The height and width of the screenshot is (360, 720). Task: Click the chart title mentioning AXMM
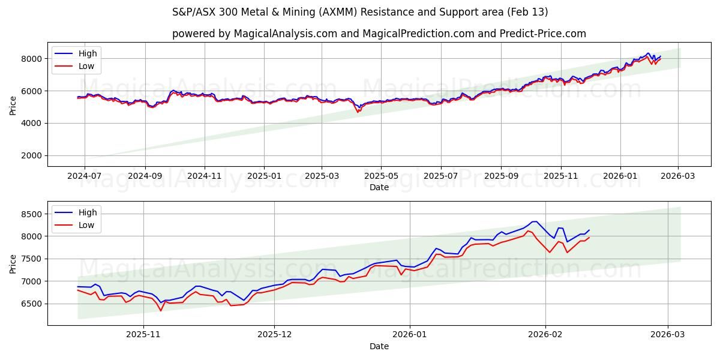[360, 12]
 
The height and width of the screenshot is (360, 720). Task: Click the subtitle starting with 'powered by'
[379, 34]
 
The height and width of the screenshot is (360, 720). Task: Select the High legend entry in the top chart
[87, 53]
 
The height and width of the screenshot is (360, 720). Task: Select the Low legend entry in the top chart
[86, 66]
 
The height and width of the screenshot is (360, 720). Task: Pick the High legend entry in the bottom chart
[87, 212]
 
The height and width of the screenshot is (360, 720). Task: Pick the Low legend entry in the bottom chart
[86, 225]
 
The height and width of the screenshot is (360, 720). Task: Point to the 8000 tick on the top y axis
[32, 59]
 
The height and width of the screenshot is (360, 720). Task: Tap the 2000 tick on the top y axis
[32, 155]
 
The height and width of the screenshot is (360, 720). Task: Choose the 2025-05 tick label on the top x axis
[381, 176]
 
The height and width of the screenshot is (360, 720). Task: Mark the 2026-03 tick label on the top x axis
[678, 176]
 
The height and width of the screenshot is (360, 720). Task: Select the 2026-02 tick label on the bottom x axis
[545, 335]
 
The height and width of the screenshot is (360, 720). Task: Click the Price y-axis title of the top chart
[13, 106]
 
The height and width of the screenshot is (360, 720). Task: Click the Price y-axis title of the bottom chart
[13, 263]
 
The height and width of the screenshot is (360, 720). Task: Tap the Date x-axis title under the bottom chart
[379, 346]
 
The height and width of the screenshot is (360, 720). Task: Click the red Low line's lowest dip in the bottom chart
[161, 311]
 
